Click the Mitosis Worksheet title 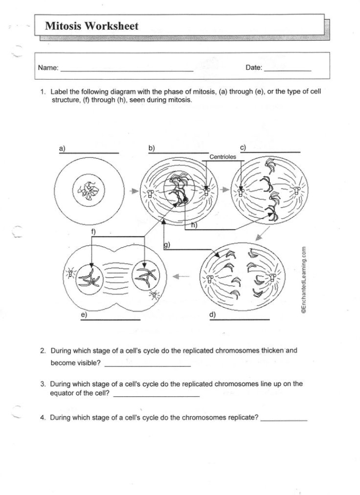click(92, 26)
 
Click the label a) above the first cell click(62, 149)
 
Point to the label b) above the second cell click(152, 148)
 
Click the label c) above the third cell click(243, 148)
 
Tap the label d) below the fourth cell click(212, 314)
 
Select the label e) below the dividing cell click(84, 314)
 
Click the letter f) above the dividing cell click(93, 231)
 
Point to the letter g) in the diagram click(166, 245)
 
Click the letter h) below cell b click(194, 225)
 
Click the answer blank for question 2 click(147, 364)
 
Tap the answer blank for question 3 click(156, 395)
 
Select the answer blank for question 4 click(284, 419)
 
